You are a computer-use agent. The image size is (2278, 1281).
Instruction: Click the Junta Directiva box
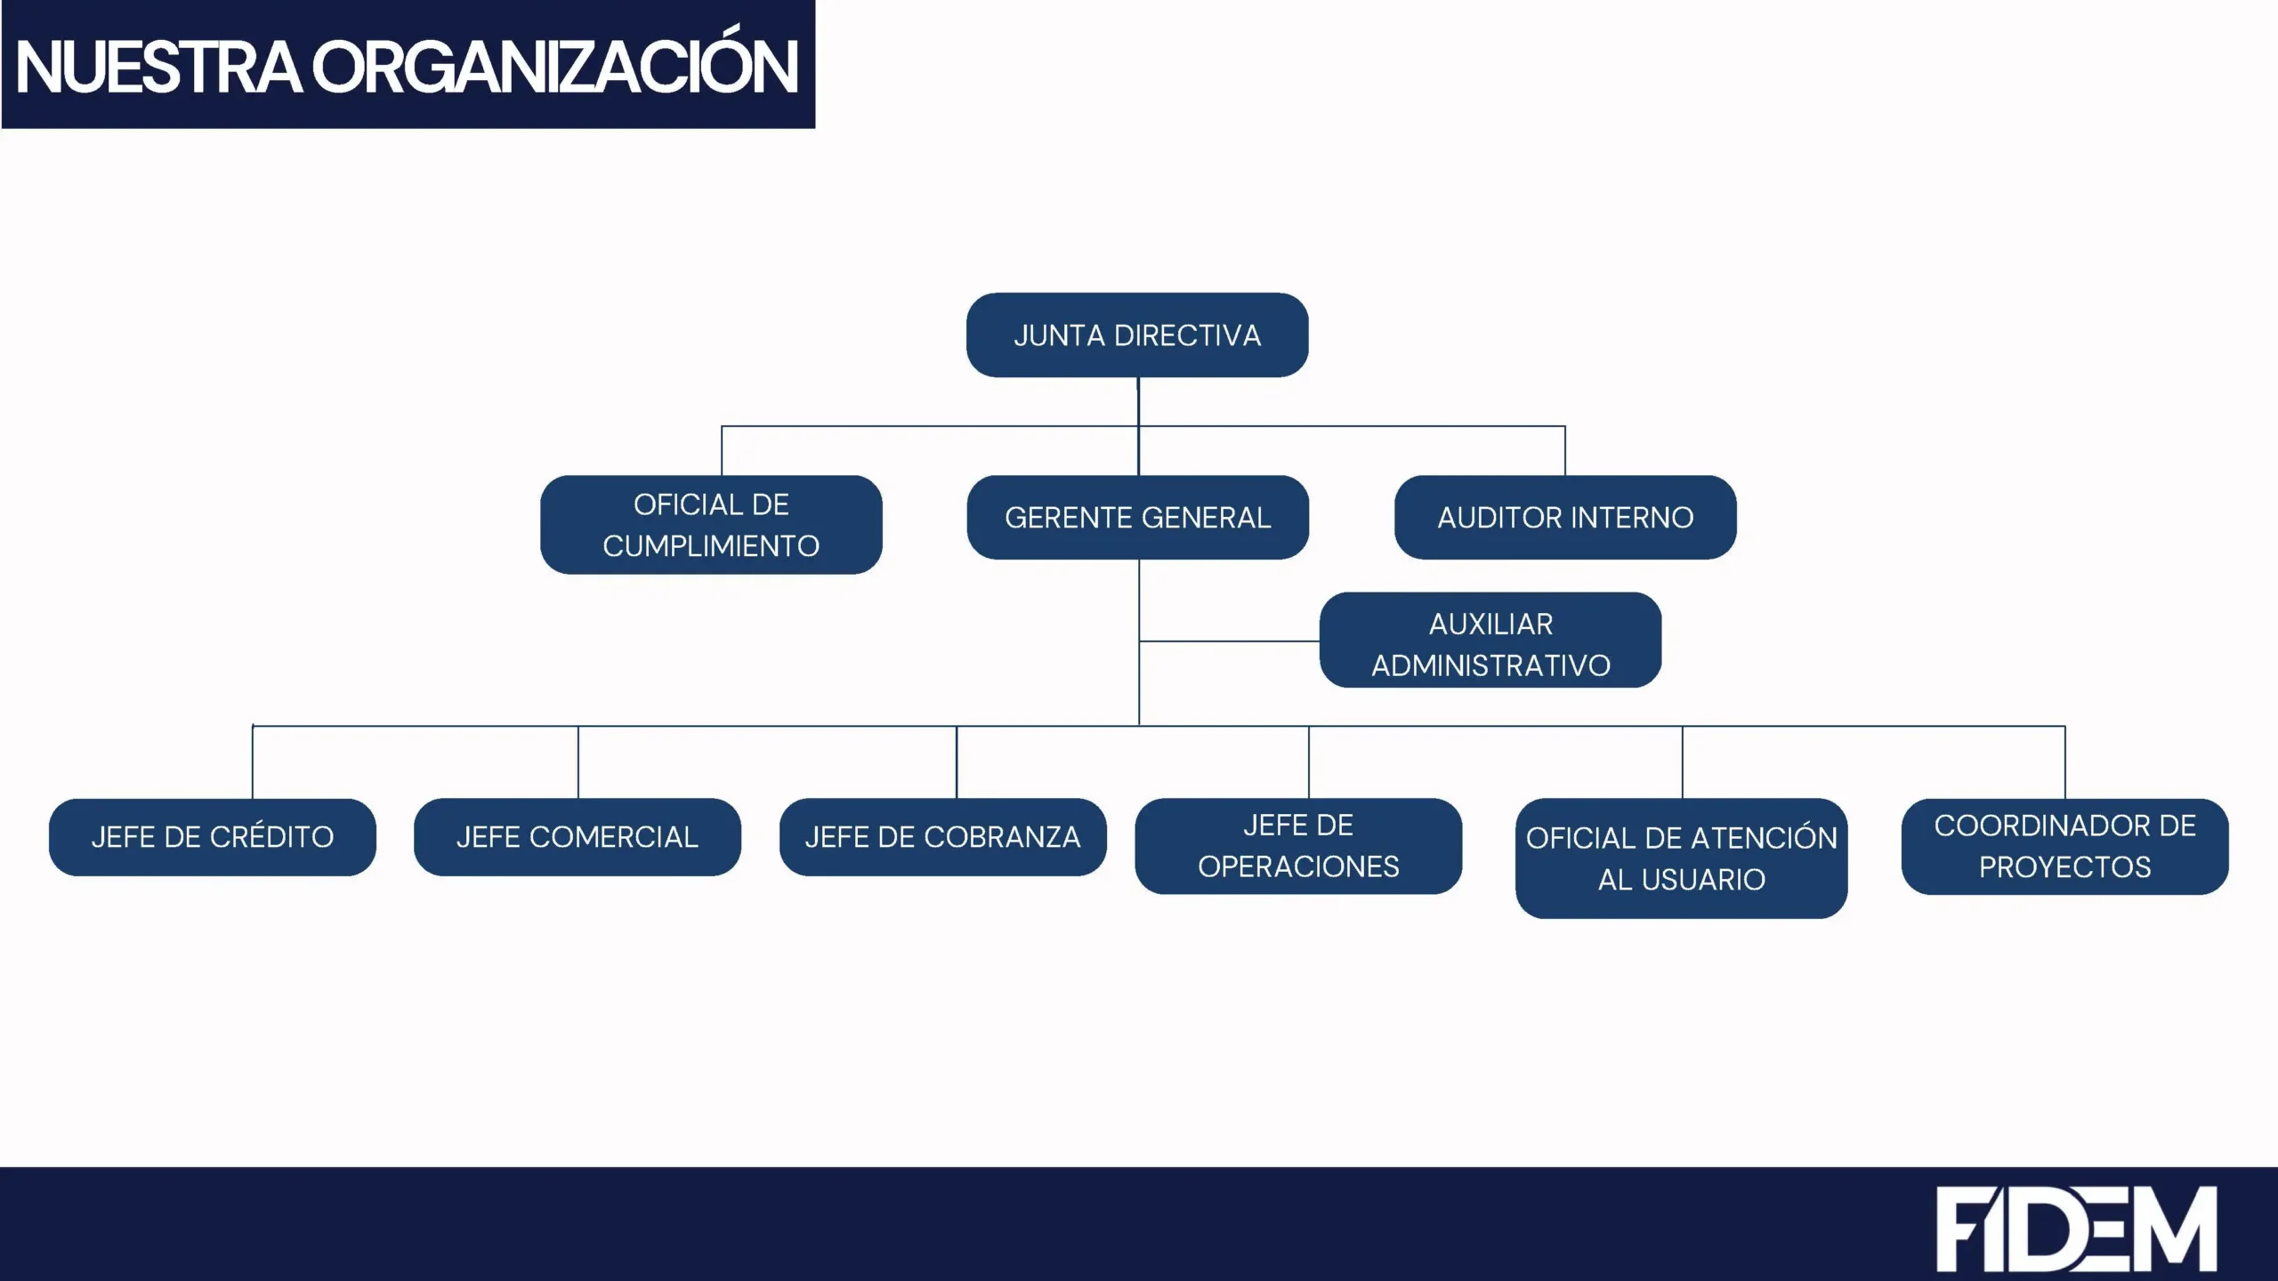[x=1137, y=335]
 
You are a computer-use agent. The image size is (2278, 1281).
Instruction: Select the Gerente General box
[x=1138, y=518]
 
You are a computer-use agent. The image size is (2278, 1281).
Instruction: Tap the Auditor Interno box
[x=1565, y=518]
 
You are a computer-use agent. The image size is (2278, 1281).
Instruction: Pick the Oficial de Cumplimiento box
[x=711, y=525]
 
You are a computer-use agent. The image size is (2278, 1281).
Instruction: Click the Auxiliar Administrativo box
[x=1490, y=640]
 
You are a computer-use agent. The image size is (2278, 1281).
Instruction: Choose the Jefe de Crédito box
[x=213, y=837]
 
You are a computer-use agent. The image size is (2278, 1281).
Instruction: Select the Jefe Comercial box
[x=578, y=837]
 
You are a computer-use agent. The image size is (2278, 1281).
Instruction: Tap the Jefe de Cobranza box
[x=943, y=837]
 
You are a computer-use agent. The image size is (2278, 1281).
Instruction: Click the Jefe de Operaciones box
[x=1298, y=846]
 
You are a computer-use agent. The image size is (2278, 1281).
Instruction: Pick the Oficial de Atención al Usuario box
[x=1682, y=858]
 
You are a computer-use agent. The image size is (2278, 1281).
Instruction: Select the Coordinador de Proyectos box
[x=2065, y=847]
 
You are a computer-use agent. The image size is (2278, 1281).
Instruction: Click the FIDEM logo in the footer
[x=2077, y=1229]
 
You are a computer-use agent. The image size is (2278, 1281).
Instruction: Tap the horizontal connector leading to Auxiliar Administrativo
[x=1230, y=640]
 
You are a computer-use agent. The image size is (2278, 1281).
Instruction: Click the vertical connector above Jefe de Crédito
[x=253, y=762]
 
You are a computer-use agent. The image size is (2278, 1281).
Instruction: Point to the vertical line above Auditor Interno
[x=1565, y=451]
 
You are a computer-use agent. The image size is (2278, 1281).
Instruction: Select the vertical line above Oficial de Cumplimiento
[x=722, y=451]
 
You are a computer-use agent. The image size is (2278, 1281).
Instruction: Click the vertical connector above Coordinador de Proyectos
[x=2065, y=762]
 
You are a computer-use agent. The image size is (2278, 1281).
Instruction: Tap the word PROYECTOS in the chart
[x=2065, y=867]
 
